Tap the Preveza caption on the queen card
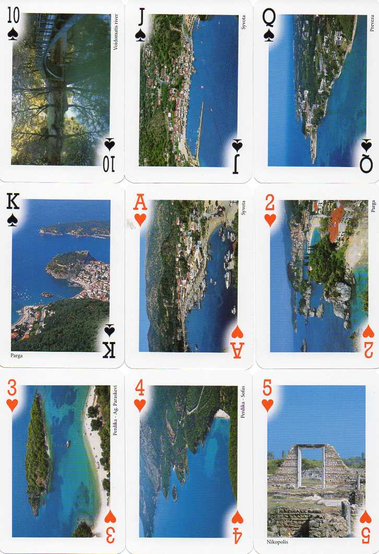(x=372, y=23)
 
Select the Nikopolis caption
(x=277, y=541)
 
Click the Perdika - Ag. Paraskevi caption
(x=115, y=410)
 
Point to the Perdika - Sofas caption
(x=243, y=402)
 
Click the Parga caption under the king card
(x=17, y=356)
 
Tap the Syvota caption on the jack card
(x=243, y=22)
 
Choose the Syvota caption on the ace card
(x=243, y=208)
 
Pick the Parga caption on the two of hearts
(x=373, y=206)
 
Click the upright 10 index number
(x=13, y=16)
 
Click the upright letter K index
(x=13, y=202)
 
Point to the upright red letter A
(x=140, y=203)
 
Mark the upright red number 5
(x=267, y=388)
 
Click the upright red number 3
(x=12, y=388)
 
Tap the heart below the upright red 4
(x=140, y=405)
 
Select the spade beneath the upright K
(x=13, y=220)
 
